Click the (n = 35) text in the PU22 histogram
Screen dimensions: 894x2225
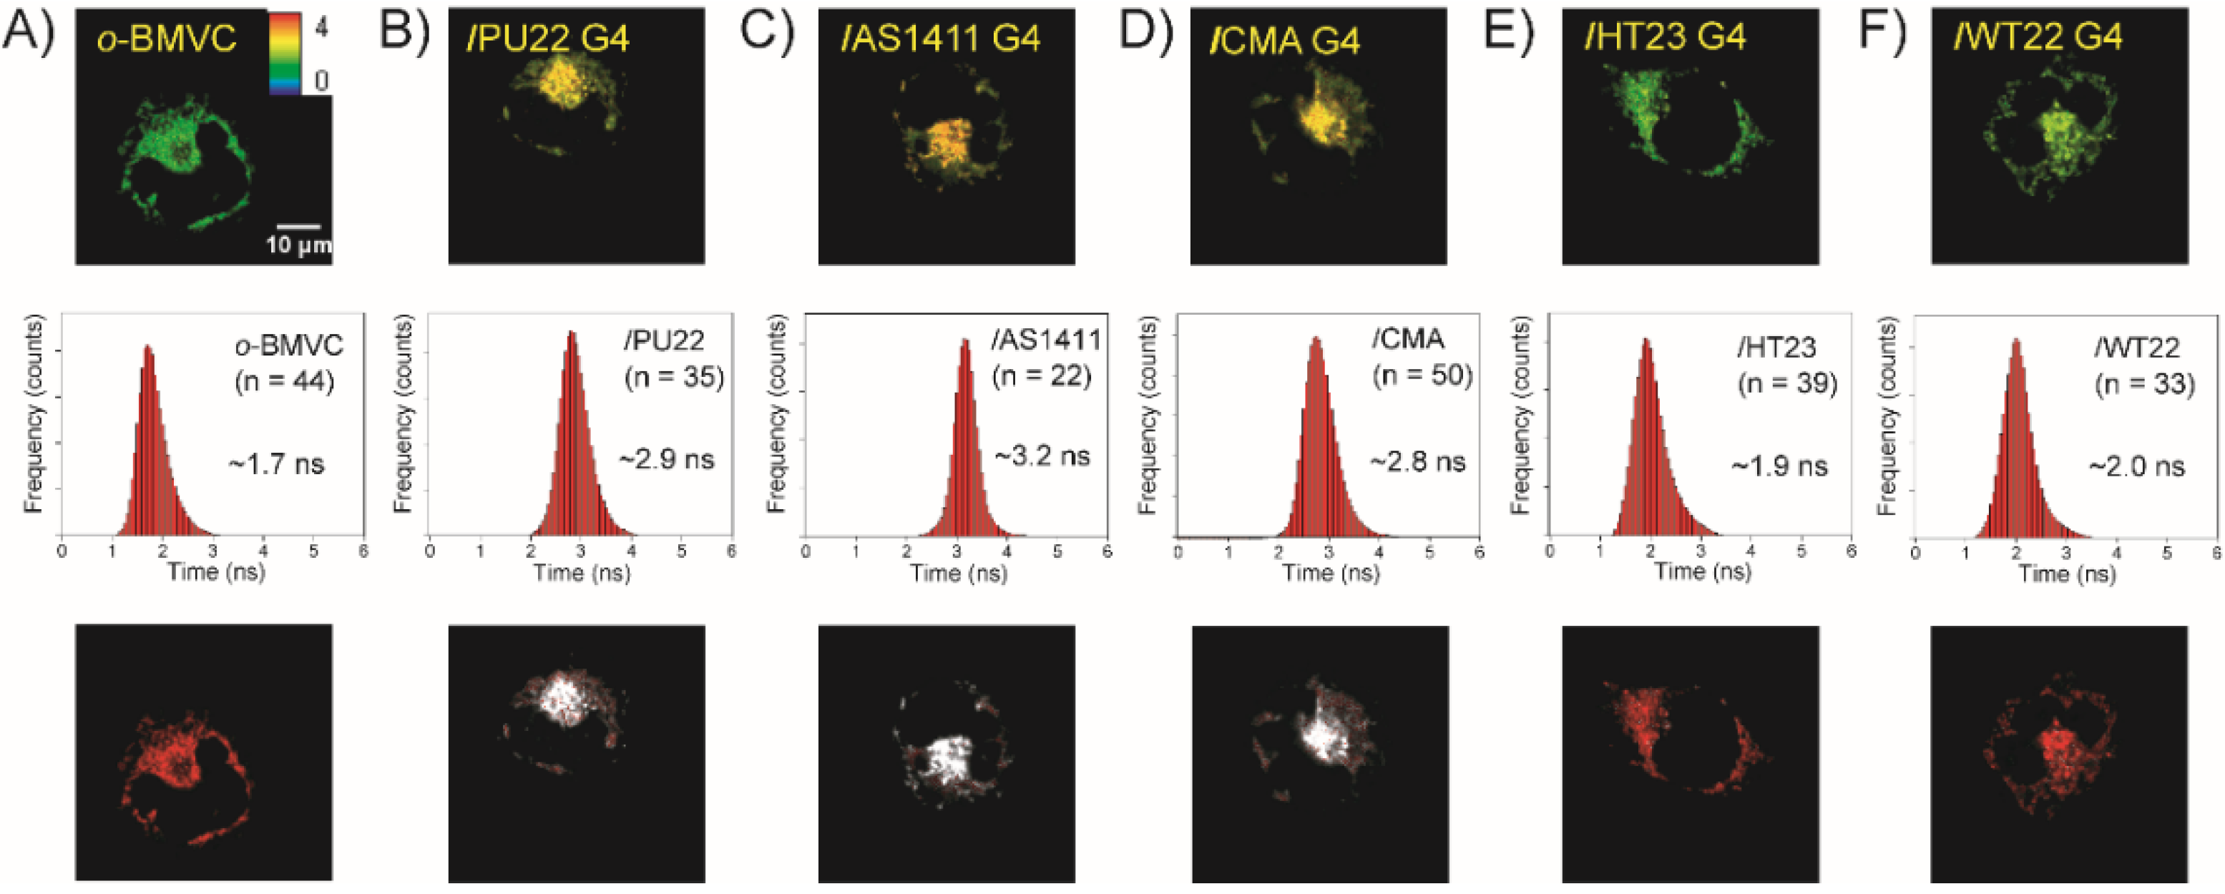[674, 377]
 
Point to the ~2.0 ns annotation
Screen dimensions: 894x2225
[2137, 467]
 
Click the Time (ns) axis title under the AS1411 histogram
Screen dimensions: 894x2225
[959, 574]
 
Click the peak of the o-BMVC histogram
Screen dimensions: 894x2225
[147, 348]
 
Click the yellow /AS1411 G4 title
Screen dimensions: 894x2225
[942, 38]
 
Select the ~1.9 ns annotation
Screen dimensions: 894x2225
[1779, 466]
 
